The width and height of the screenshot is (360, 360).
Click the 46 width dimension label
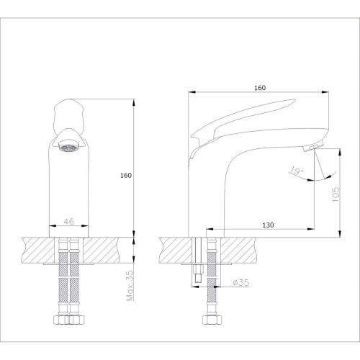69,222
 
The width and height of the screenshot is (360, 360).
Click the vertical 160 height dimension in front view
126,176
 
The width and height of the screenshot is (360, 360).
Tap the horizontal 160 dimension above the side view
260,88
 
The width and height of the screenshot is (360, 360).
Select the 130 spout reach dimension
268,225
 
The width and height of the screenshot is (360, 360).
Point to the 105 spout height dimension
336,194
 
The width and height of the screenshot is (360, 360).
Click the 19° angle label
297,171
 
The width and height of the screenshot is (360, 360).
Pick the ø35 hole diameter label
241,282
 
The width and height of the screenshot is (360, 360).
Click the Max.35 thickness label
130,286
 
